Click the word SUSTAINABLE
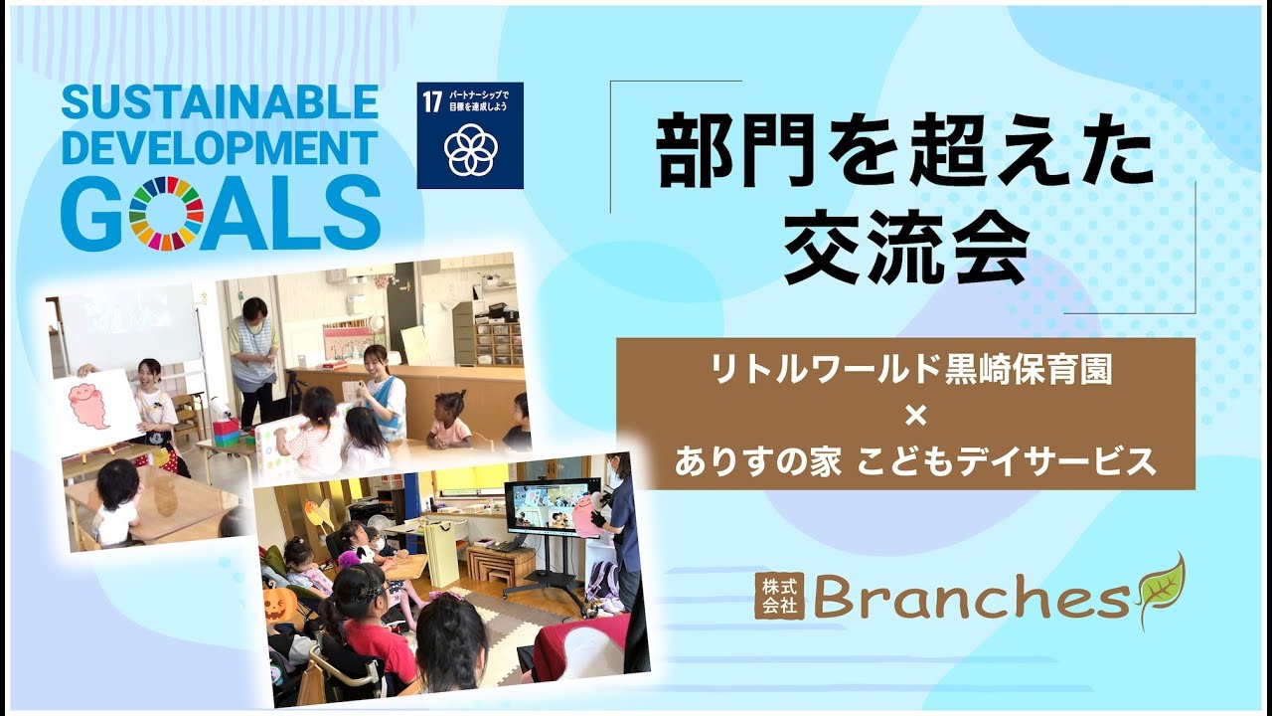[x=220, y=102]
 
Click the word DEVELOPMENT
[x=220, y=148]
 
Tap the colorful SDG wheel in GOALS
[x=166, y=213]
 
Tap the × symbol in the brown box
[x=915, y=417]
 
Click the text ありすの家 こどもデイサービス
[x=915, y=460]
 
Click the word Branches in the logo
[x=971, y=596]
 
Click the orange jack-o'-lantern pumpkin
[x=279, y=604]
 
